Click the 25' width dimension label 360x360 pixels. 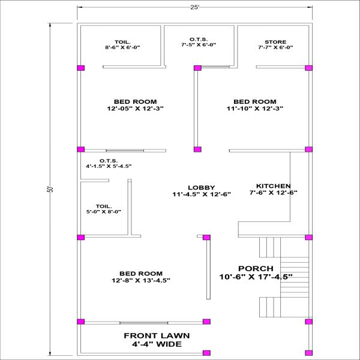pos(194,7)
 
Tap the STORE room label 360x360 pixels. pos(275,42)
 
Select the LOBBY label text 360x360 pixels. pos(202,188)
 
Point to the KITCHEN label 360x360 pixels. pos(274,186)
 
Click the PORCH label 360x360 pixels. pos(256,268)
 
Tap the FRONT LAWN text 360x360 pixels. pos(157,335)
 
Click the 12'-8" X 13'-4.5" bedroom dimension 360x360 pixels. pos(141,280)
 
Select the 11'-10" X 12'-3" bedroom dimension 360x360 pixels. pos(255,108)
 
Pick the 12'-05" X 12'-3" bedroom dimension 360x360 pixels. pos(135,108)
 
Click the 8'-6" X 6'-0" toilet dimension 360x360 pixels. pos(122,47)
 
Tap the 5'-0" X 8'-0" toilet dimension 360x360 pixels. pos(104,212)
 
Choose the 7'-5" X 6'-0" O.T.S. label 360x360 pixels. pos(199,45)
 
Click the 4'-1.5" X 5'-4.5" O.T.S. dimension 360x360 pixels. pos(109,166)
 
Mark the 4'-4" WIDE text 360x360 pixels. pos(157,344)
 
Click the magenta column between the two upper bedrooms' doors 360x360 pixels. pos(197,149)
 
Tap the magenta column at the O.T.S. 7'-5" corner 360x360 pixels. pos(197,68)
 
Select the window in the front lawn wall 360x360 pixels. pos(144,323)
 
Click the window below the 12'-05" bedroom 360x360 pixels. pos(125,151)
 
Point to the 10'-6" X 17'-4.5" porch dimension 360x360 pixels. pos(256,277)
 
